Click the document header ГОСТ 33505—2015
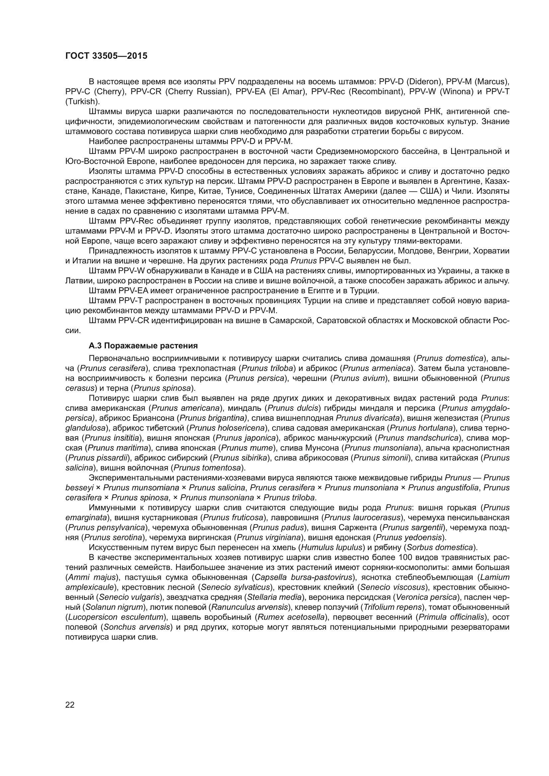[x=106, y=56]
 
